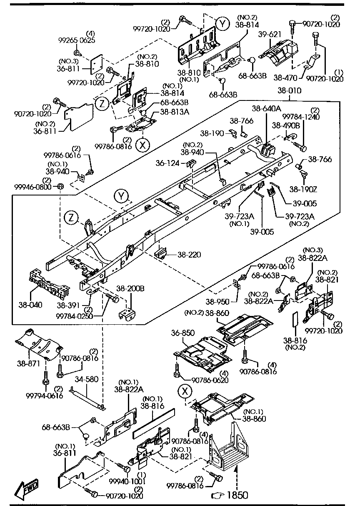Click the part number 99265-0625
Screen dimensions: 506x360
(x=77, y=40)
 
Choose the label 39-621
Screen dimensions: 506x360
(x=270, y=35)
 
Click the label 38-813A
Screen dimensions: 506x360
(x=175, y=112)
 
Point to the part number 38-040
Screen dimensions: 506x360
(x=30, y=305)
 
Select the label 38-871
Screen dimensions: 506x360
(x=28, y=363)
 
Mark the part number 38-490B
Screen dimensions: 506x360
(x=286, y=125)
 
